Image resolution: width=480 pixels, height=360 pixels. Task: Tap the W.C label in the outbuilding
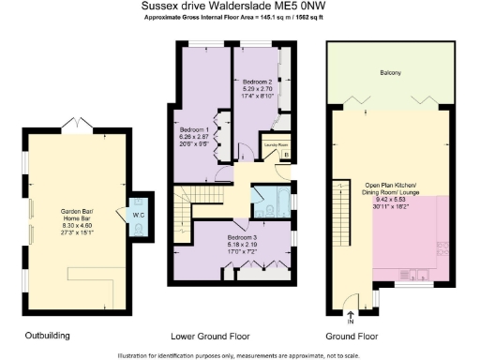[138, 213]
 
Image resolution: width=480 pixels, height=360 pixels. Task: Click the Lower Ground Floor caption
[234, 335]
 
